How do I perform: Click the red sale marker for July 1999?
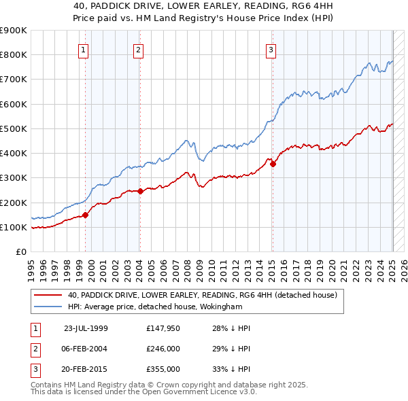point(86,215)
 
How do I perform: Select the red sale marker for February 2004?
point(140,191)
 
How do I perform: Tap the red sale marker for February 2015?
point(273,164)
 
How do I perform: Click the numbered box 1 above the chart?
point(83,49)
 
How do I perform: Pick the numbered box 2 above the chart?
point(137,49)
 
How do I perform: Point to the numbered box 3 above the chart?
point(271,49)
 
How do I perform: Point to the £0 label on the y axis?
point(20,252)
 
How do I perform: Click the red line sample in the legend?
point(48,296)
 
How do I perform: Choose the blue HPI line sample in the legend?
point(48,307)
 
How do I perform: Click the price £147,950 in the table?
point(162,328)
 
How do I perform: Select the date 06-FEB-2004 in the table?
point(86,349)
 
